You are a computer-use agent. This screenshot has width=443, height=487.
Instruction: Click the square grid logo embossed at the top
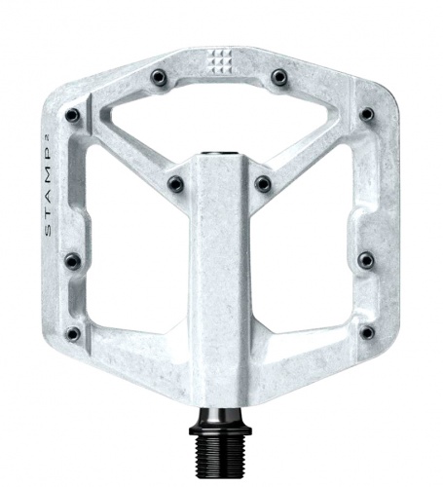pyautogui.click(x=220, y=60)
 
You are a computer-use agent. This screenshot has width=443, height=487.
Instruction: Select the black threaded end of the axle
pyautogui.click(x=221, y=450)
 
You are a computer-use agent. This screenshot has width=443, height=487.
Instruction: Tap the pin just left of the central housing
pyautogui.click(x=175, y=184)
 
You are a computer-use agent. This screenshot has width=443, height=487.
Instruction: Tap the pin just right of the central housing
pyautogui.click(x=263, y=184)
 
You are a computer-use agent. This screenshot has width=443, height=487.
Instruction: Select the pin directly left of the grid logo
pyautogui.click(x=159, y=78)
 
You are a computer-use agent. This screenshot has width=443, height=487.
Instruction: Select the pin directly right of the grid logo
pyautogui.click(x=279, y=77)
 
